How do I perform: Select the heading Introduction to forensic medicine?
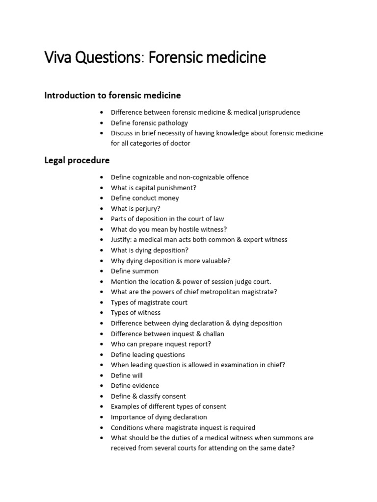tap(112, 95)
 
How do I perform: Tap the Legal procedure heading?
tap(77, 160)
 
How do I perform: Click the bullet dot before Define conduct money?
tap(101, 198)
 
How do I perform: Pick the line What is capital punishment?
tap(154, 188)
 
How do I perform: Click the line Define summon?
tap(135, 271)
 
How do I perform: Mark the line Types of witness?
tap(135, 313)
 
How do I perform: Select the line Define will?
tap(127, 376)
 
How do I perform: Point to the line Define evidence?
tap(135, 386)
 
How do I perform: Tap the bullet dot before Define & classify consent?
tap(101, 396)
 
